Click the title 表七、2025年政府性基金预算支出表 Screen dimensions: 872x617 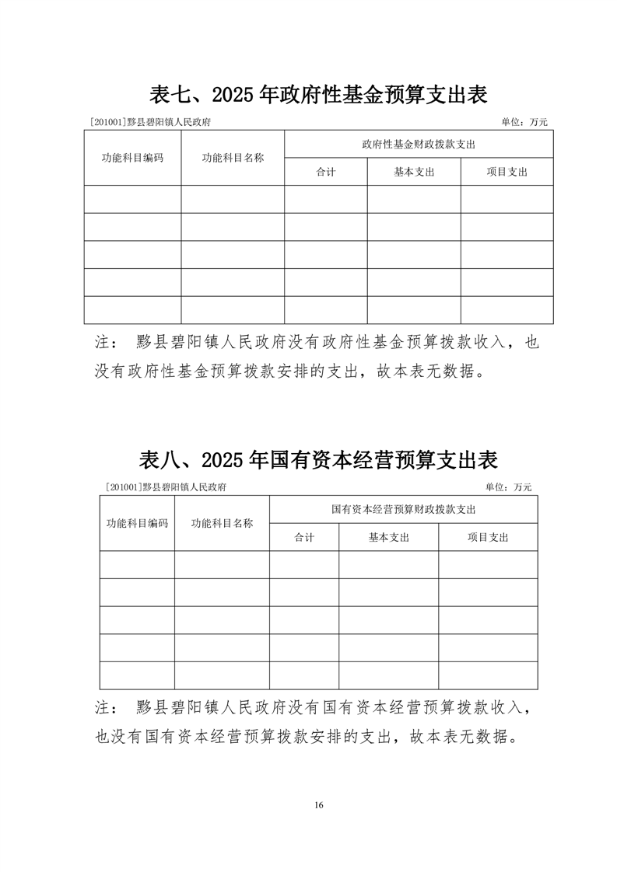(318, 95)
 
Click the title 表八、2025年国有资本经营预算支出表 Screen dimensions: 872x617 (318, 459)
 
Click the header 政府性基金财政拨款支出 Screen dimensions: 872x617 (419, 144)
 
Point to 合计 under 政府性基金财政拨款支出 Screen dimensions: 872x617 (325, 172)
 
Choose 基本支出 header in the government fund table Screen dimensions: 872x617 (414, 172)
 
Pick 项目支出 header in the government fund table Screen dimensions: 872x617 (507, 172)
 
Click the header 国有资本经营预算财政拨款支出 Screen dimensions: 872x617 (403, 509)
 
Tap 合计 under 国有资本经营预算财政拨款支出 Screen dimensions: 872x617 (304, 537)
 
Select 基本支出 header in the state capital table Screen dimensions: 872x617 (388, 537)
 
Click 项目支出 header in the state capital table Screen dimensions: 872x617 (488, 537)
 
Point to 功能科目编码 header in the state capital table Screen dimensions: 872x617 (137, 523)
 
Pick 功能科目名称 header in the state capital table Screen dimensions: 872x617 (222, 523)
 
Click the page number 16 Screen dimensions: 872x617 (319, 804)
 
